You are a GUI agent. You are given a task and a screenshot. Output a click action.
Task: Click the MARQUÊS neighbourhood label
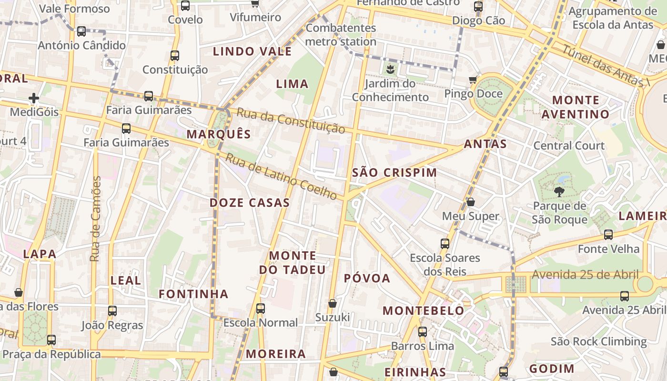(219, 134)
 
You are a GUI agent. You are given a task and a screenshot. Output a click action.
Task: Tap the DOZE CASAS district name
(250, 202)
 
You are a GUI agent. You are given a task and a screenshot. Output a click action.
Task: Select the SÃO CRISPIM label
(394, 172)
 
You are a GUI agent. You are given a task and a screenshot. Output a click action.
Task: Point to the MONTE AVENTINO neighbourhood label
(576, 107)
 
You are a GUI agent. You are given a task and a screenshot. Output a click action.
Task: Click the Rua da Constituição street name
(291, 121)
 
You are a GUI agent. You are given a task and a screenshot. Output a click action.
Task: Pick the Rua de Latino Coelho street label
(281, 176)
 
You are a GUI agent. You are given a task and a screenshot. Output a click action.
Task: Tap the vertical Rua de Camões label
(96, 219)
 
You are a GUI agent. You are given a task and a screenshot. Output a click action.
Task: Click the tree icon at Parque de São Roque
(559, 192)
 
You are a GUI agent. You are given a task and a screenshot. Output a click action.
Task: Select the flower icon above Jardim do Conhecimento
(390, 70)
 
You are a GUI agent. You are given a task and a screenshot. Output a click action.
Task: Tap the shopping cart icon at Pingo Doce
(473, 80)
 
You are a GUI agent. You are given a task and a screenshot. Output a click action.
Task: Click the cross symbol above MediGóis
(34, 99)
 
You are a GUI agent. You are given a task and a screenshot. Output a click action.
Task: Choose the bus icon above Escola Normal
(261, 308)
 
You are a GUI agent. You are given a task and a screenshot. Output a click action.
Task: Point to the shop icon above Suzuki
(333, 303)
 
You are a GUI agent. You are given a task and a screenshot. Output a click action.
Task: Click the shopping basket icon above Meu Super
(471, 202)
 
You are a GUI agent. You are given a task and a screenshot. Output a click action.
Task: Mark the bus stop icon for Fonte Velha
(608, 234)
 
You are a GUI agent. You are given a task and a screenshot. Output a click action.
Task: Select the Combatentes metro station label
(341, 35)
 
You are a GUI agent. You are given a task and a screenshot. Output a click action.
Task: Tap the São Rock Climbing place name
(599, 341)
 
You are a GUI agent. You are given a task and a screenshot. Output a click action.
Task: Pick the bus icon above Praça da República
(51, 340)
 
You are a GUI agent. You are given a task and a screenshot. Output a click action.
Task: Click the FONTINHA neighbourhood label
(193, 294)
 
